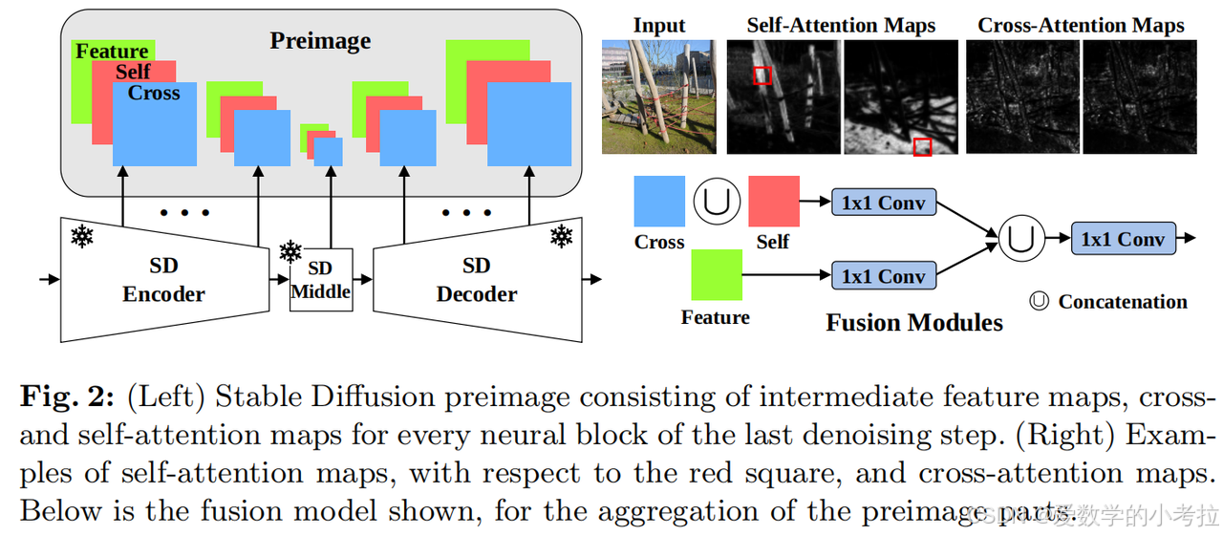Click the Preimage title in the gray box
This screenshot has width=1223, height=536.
click(x=320, y=40)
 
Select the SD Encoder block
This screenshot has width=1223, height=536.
click(x=163, y=279)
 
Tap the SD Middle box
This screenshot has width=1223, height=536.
click(x=320, y=279)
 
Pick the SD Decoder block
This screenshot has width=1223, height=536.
click(x=476, y=279)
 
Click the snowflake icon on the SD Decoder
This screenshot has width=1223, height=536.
click(x=560, y=235)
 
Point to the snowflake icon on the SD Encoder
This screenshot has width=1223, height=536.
click(x=82, y=235)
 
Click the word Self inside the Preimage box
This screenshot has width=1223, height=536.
click(x=134, y=72)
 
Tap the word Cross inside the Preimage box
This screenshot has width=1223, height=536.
click(x=154, y=94)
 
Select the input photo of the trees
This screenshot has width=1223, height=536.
click(x=657, y=96)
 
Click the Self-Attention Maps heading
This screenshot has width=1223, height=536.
click(x=841, y=25)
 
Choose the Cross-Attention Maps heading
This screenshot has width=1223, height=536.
click(x=1081, y=25)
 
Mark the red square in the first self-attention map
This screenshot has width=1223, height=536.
click(x=762, y=75)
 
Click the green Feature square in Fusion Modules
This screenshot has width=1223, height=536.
click(x=716, y=275)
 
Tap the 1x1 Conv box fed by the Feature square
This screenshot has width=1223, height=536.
click(x=883, y=276)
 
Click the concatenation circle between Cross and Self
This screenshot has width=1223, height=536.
click(x=717, y=202)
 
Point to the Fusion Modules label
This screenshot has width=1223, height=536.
click(x=913, y=323)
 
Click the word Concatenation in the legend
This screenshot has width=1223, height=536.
click(x=1122, y=302)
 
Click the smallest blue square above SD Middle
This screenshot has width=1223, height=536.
click(x=328, y=152)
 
